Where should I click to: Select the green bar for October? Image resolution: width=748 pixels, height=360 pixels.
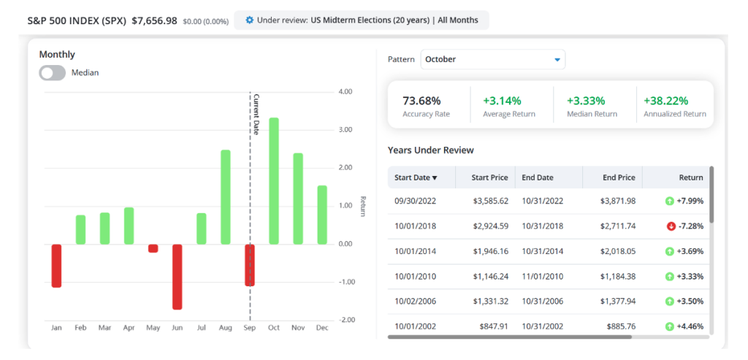tap(274, 181)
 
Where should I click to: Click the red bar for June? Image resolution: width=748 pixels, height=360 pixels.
tap(177, 277)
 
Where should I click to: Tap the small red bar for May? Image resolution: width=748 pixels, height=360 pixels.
tap(153, 248)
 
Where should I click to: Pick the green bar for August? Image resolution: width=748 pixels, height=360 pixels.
tap(225, 197)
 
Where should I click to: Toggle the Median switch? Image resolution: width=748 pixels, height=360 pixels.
tap(53, 73)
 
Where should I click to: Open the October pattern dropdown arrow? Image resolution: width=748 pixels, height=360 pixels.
tap(557, 60)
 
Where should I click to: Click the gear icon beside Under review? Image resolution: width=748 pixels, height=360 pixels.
tap(250, 20)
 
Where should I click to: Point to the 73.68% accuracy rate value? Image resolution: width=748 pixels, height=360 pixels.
tap(421, 101)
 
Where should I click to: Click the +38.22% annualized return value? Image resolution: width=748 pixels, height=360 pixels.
tap(666, 101)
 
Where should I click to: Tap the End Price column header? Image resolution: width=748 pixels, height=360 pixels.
tap(619, 177)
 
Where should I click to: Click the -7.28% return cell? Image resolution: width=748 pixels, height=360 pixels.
tap(690, 226)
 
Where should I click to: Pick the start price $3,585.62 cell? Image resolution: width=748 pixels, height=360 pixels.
tap(490, 202)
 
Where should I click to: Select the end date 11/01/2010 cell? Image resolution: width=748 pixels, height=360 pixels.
tap(543, 277)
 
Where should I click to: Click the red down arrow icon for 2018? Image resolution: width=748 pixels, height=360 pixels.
tap(671, 226)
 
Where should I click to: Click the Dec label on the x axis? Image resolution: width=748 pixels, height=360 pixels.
tap(322, 328)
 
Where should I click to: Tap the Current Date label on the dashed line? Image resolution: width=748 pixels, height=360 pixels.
tap(256, 115)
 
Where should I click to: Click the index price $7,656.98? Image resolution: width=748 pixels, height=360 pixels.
tap(155, 21)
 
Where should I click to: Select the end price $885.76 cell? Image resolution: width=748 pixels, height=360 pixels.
tap(622, 326)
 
